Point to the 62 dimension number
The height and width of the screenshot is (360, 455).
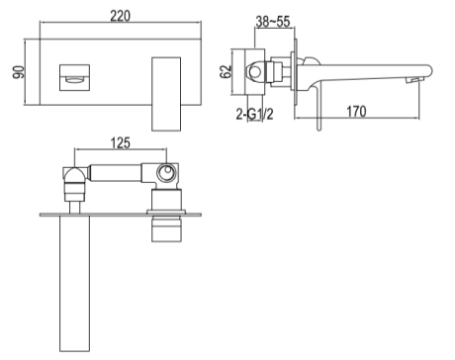click(x=227, y=72)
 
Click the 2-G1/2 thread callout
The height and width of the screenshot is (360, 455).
click(x=255, y=116)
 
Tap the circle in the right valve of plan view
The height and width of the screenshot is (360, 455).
click(x=167, y=176)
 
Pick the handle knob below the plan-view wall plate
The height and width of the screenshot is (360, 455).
click(x=166, y=230)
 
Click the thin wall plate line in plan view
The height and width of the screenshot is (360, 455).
click(x=119, y=213)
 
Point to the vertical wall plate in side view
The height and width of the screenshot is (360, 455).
click(x=295, y=75)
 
